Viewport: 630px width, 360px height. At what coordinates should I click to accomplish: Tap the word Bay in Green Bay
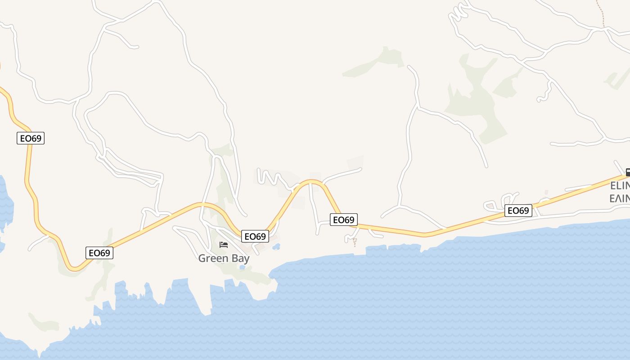pos(240,259)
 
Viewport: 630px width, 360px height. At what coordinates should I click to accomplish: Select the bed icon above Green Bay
pos(224,245)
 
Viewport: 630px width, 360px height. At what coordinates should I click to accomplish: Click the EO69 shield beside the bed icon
pos(255,236)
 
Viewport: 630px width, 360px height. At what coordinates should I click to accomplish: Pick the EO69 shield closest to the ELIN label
pos(518,211)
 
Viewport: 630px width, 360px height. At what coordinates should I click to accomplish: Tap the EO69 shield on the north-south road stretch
pos(31,138)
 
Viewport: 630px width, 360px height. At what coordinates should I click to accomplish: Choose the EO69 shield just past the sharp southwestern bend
pos(99,253)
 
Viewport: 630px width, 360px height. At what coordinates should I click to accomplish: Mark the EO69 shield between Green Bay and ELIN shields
pos(344,220)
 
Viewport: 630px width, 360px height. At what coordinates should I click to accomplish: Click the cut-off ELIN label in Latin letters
pos(620,186)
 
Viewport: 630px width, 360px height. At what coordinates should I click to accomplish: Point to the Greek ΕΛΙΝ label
pos(620,198)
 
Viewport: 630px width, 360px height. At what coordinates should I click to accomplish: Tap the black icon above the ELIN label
pos(628,172)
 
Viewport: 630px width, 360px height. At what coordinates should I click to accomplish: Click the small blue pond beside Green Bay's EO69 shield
pos(276,247)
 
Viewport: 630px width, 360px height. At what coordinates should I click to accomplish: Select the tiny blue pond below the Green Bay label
pos(243,267)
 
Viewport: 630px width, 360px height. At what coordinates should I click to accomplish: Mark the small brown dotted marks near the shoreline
pos(355,242)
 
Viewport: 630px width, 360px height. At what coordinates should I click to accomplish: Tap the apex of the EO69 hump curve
pos(311,181)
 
